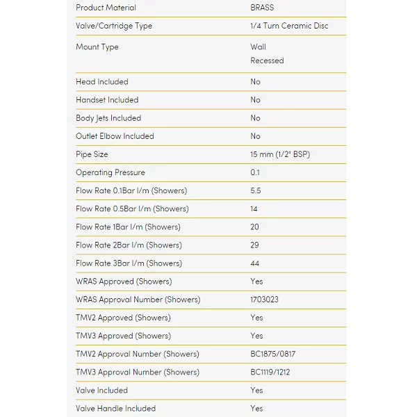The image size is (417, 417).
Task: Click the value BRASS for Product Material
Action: [x=262, y=8]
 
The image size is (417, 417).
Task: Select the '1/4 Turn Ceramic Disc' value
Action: [x=289, y=26]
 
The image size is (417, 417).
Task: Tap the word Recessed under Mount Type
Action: [x=267, y=60]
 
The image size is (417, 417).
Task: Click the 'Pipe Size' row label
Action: [x=92, y=154]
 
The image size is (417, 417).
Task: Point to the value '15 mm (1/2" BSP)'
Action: [x=280, y=154]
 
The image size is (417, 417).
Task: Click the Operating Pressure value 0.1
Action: [x=256, y=172]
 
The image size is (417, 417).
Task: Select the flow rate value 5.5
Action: [x=256, y=190]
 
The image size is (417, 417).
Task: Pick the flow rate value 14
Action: [x=254, y=208]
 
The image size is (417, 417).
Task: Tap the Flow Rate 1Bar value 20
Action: [x=255, y=227]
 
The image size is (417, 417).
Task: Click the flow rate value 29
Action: [x=255, y=245]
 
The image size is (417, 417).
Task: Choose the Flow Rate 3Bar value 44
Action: [x=255, y=263]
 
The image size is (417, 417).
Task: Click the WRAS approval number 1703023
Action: [x=265, y=300]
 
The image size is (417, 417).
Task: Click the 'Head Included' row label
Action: [x=102, y=81]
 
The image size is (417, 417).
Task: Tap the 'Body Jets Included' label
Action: [x=108, y=118]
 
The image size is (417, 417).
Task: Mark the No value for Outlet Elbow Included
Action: [x=255, y=136]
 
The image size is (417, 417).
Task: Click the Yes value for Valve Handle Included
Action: [x=256, y=408]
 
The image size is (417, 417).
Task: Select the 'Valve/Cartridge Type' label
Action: [x=114, y=26]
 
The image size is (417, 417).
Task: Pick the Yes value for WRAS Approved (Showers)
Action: [x=256, y=281]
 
